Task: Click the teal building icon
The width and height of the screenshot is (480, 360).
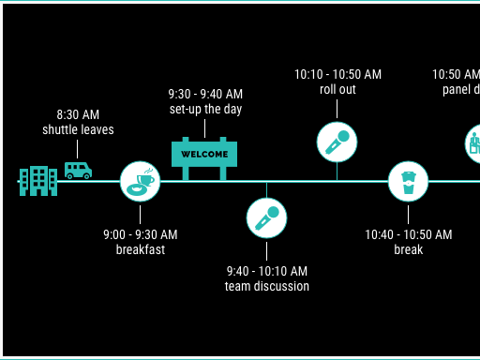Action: click(37, 181)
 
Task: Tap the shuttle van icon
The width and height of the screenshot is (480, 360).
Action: click(78, 170)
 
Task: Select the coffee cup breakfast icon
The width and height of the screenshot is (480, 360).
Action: click(141, 181)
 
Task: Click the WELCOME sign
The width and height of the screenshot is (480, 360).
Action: click(204, 155)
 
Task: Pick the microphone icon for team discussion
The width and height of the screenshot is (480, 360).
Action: click(266, 217)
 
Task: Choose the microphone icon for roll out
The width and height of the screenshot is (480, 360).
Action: click(337, 142)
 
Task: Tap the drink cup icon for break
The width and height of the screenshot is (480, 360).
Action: click(408, 181)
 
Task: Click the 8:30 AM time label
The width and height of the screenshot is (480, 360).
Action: click(78, 114)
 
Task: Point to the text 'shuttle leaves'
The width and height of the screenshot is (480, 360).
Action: click(78, 129)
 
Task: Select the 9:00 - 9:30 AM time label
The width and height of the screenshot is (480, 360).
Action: click(141, 234)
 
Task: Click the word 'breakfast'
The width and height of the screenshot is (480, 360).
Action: click(141, 249)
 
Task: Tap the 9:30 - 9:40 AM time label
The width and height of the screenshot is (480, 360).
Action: click(205, 94)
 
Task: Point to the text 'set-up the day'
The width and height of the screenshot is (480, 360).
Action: click(205, 109)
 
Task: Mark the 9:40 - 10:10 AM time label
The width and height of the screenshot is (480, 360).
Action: click(267, 271)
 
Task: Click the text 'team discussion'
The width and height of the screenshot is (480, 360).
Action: click(267, 286)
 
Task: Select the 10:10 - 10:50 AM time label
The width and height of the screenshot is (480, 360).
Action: click(337, 74)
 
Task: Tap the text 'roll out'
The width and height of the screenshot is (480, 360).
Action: click(337, 89)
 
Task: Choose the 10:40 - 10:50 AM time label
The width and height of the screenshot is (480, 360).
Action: click(409, 234)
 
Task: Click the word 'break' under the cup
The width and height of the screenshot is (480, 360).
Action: click(409, 249)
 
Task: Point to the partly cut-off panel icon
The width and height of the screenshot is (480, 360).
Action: click(473, 143)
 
